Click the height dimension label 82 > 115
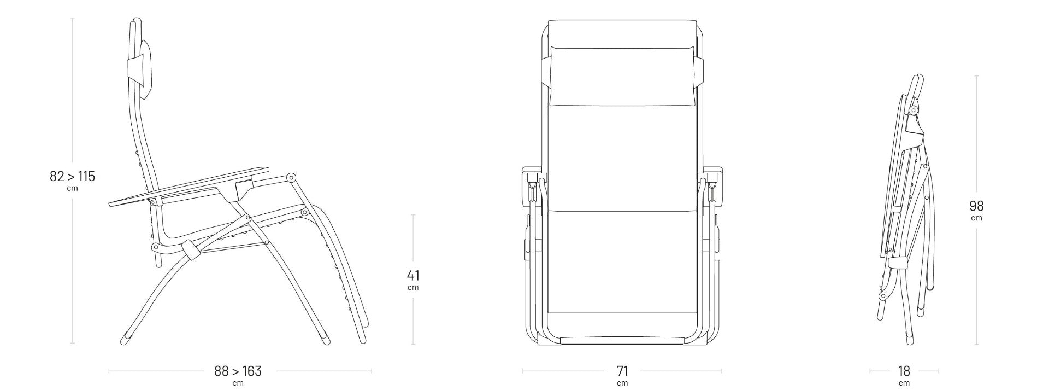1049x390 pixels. click(x=72, y=177)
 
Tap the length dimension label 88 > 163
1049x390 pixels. click(x=238, y=371)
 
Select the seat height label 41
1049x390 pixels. click(x=413, y=275)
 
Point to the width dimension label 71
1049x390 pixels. click(x=622, y=371)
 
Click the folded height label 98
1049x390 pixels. click(x=976, y=206)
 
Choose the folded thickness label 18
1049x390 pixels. click(x=904, y=371)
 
